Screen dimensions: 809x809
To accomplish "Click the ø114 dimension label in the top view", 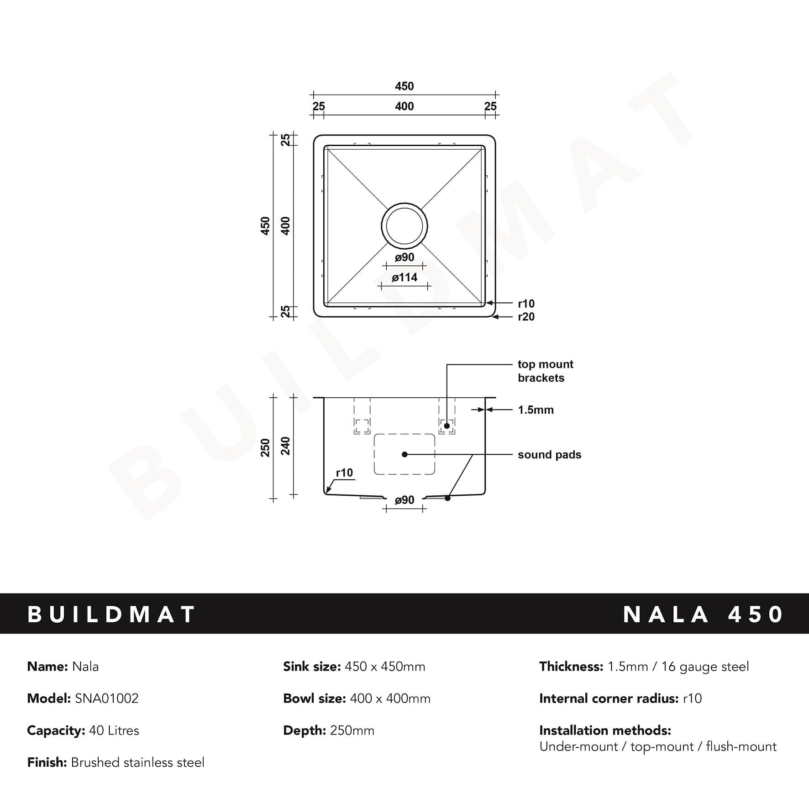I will [x=404, y=277].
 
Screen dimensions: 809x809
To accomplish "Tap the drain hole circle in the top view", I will [x=404, y=226].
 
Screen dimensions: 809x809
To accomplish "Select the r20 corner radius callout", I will [x=526, y=316].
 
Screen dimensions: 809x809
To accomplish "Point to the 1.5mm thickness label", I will [x=536, y=410].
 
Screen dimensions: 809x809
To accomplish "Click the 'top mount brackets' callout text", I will [x=545, y=371].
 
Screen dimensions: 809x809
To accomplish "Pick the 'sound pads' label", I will [x=549, y=454].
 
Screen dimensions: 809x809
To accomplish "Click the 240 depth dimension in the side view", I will [x=285, y=446].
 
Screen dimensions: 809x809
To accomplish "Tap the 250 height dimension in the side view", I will [x=265, y=447].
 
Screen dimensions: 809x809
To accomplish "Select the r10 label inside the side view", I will [x=344, y=473].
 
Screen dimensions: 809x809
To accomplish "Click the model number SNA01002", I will [x=106, y=698].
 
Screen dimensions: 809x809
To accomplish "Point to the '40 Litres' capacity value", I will [x=114, y=730].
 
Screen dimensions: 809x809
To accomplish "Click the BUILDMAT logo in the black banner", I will [x=111, y=614].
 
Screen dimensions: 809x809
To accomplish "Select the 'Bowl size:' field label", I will [x=314, y=698].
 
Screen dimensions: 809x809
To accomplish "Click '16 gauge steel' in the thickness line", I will [x=705, y=666].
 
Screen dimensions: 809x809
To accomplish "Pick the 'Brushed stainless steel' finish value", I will [x=137, y=762].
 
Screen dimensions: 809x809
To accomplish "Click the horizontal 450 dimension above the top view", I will [x=404, y=86].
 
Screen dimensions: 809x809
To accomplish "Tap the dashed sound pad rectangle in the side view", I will [x=404, y=454].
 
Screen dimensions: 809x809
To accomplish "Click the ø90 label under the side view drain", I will [x=404, y=500].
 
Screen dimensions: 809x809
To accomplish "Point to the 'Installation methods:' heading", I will [x=605, y=730].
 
